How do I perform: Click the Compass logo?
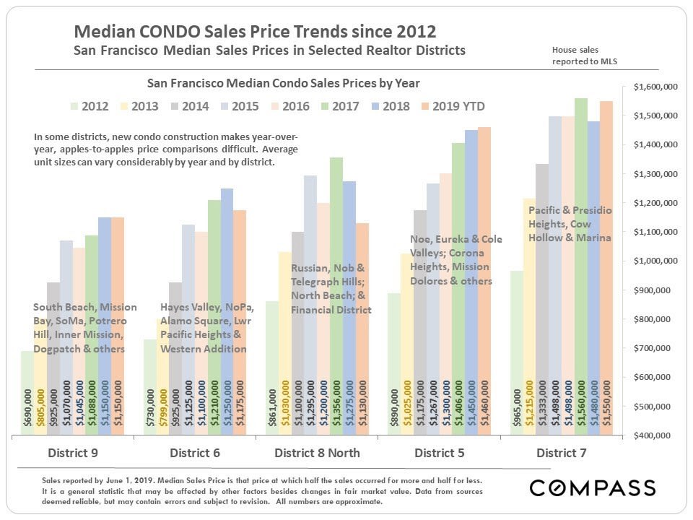coord(592,488)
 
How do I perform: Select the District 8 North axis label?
coord(317,454)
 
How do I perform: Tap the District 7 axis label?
coord(562,454)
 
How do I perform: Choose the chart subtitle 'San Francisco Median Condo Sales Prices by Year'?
coord(283,84)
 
